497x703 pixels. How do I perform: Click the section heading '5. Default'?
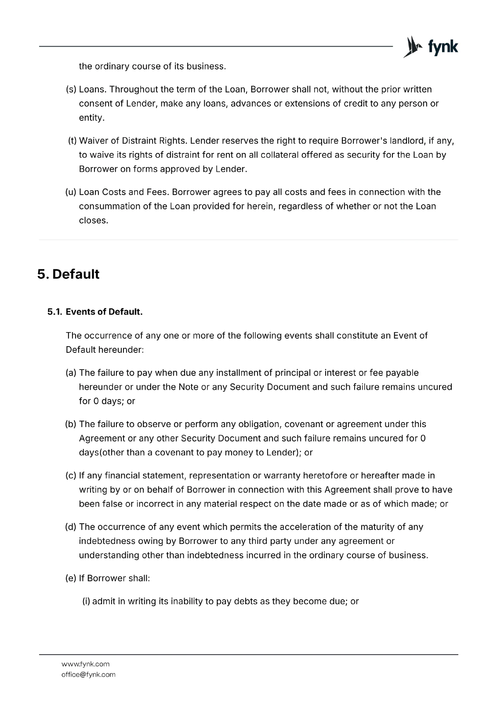tap(69, 274)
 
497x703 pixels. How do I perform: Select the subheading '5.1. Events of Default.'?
tap(95, 312)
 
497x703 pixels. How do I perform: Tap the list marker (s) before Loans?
tap(71, 90)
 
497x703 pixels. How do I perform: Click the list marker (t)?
tap(73, 141)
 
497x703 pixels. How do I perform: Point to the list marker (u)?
tap(71, 192)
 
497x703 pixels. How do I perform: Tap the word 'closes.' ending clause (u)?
tap(94, 221)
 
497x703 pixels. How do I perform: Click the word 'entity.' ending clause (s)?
tap(92, 118)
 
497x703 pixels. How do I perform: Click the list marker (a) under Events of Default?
tap(71, 373)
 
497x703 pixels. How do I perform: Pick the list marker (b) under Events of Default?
tap(71, 424)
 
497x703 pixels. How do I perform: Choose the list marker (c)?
tap(71, 476)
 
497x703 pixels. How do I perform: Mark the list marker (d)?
tap(71, 527)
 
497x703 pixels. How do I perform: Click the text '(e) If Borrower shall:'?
tap(108, 578)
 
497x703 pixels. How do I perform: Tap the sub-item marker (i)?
tap(86, 602)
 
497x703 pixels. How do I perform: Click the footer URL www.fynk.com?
tap(85, 664)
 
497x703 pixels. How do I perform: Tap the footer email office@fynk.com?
tap(88, 674)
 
